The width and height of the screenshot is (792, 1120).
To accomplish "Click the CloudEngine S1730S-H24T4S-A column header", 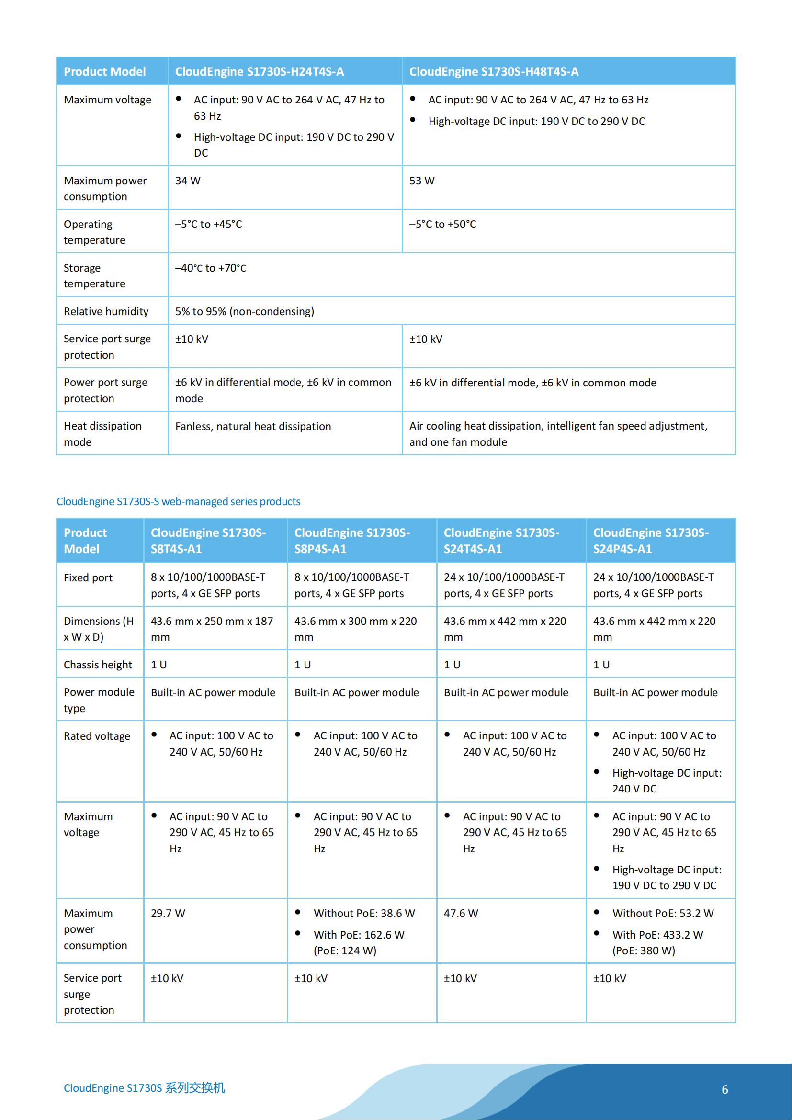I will tap(260, 72).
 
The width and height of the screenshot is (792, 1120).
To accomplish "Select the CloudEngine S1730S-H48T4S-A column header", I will tap(494, 72).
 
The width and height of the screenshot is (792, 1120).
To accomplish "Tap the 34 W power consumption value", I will tap(188, 181).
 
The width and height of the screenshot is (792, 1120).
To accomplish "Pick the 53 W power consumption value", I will tap(422, 181).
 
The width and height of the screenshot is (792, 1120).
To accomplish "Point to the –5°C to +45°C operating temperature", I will tap(209, 225).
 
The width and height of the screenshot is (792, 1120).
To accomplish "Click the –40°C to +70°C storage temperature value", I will tap(211, 268).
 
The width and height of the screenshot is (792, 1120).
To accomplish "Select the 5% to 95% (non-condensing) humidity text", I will tap(244, 311).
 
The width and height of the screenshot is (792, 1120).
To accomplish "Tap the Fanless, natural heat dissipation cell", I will tap(253, 426).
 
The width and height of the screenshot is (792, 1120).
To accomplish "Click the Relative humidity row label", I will tap(106, 311).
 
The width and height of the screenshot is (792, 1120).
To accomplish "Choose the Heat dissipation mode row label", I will tap(102, 434).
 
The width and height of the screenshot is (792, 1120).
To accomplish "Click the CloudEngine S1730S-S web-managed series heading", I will tap(178, 501).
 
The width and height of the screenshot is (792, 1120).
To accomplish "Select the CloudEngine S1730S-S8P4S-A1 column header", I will tap(352, 541).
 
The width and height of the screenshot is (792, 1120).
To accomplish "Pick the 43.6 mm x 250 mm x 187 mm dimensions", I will tap(212, 629).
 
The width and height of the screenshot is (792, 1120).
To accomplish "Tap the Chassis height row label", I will tap(98, 665).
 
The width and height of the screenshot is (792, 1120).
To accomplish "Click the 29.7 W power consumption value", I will tap(168, 913).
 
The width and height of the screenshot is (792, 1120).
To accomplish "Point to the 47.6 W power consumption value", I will tap(461, 913).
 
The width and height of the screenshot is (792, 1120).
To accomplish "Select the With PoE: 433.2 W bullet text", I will tap(657, 935).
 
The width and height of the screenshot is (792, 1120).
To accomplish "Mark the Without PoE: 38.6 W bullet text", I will tap(364, 913).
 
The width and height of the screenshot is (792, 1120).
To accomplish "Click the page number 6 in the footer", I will tap(724, 1089).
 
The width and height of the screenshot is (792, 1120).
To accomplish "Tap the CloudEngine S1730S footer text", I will tap(144, 1088).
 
